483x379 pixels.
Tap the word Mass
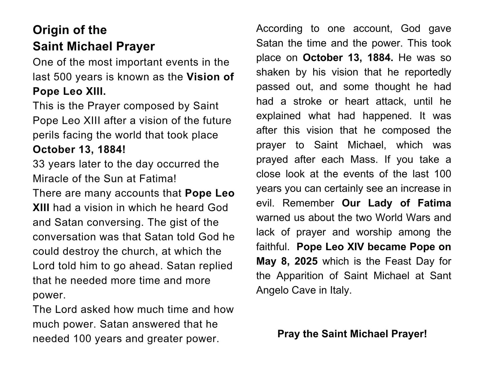[x=364, y=159]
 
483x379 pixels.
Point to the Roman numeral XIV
[x=357, y=247]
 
